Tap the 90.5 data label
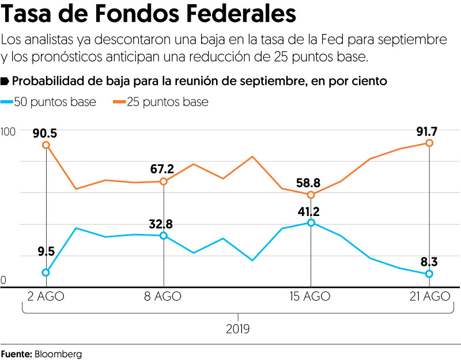tap(45, 133)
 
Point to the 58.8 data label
tap(309, 183)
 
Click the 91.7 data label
tap(428, 132)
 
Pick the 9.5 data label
tap(46, 251)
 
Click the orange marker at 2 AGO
tap(46, 145)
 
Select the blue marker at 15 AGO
tap(311, 222)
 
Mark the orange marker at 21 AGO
tap(429, 143)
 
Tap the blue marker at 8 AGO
tap(164, 236)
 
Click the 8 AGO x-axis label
tap(163, 297)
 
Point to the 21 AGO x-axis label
tap(429, 297)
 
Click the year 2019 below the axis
tap(238, 329)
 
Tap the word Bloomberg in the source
tap(58, 353)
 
